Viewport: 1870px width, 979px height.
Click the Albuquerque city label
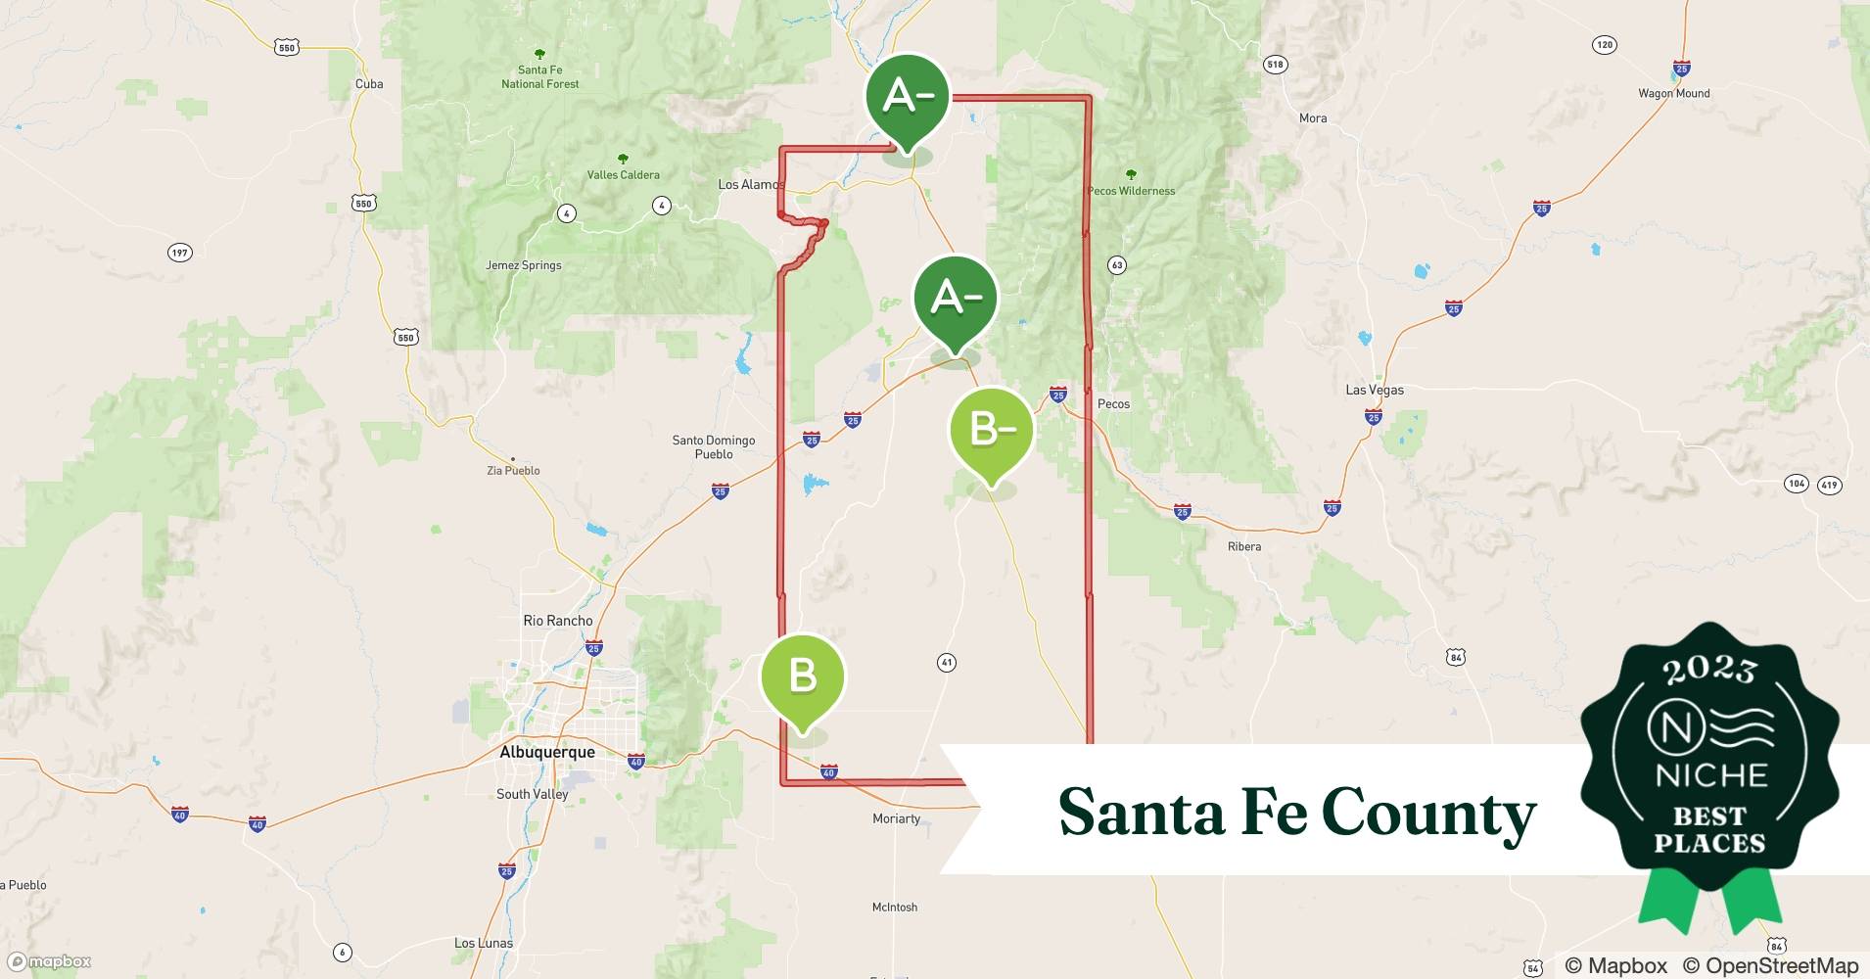tap(546, 752)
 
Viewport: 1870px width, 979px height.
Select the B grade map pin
tap(803, 677)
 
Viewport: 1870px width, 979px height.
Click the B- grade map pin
tap(991, 430)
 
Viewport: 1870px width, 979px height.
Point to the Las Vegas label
tap(1375, 390)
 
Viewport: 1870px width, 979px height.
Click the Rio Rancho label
tap(558, 621)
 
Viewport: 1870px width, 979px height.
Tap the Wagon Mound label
tap(1674, 94)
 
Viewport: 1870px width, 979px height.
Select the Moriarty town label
tap(897, 818)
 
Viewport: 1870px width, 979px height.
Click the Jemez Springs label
tap(524, 265)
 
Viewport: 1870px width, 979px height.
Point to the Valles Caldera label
tap(623, 175)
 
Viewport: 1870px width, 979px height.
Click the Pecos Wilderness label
tap(1131, 191)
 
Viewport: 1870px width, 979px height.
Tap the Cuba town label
tap(369, 84)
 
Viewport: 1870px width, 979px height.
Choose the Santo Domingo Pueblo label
tap(713, 447)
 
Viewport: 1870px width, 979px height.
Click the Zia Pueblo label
tap(513, 471)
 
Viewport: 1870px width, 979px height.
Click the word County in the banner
tap(1428, 813)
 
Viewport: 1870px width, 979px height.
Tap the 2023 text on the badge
tap(1709, 670)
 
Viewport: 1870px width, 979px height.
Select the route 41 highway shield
tap(946, 663)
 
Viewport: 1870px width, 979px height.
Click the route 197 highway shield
tap(179, 253)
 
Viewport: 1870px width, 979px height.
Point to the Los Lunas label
tap(484, 944)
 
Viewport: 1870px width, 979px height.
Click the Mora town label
tap(1313, 118)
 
